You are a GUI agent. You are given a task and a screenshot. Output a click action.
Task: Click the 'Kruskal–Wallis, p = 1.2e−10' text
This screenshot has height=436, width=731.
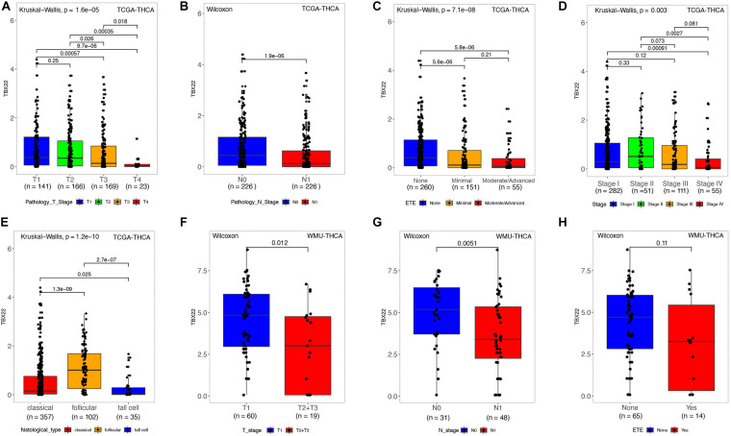(63, 233)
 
